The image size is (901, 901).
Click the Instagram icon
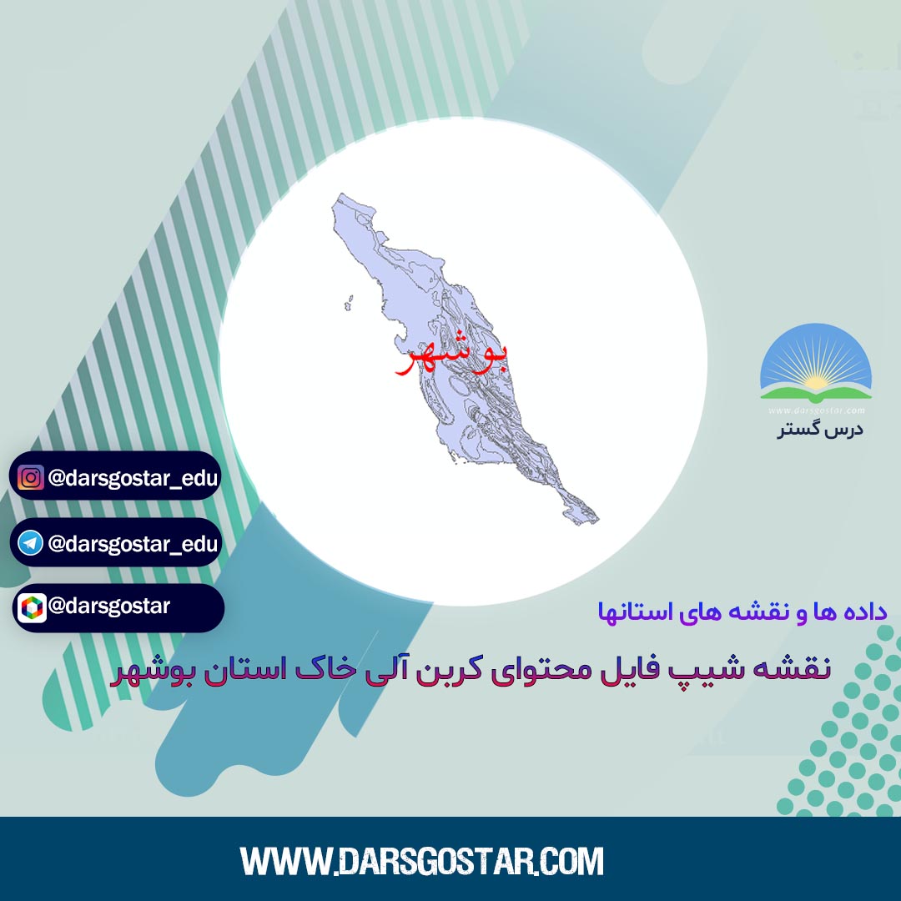pyautogui.click(x=31, y=477)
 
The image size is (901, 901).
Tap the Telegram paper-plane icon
pyautogui.click(x=31, y=543)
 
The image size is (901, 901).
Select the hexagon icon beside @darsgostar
pyautogui.click(x=32, y=608)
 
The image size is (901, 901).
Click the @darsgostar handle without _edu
pyautogui.click(x=109, y=606)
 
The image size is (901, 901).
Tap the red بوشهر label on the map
pyautogui.click(x=451, y=356)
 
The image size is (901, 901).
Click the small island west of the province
pyautogui.click(x=349, y=303)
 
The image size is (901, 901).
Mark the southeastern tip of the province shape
pyautogui.click(x=597, y=520)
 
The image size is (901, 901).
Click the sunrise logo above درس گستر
pyautogui.click(x=816, y=362)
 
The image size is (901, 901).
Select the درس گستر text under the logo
pyautogui.click(x=821, y=430)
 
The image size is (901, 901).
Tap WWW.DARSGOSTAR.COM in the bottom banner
pyautogui.click(x=422, y=861)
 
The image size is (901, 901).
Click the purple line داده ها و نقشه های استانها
pyautogui.click(x=742, y=612)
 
